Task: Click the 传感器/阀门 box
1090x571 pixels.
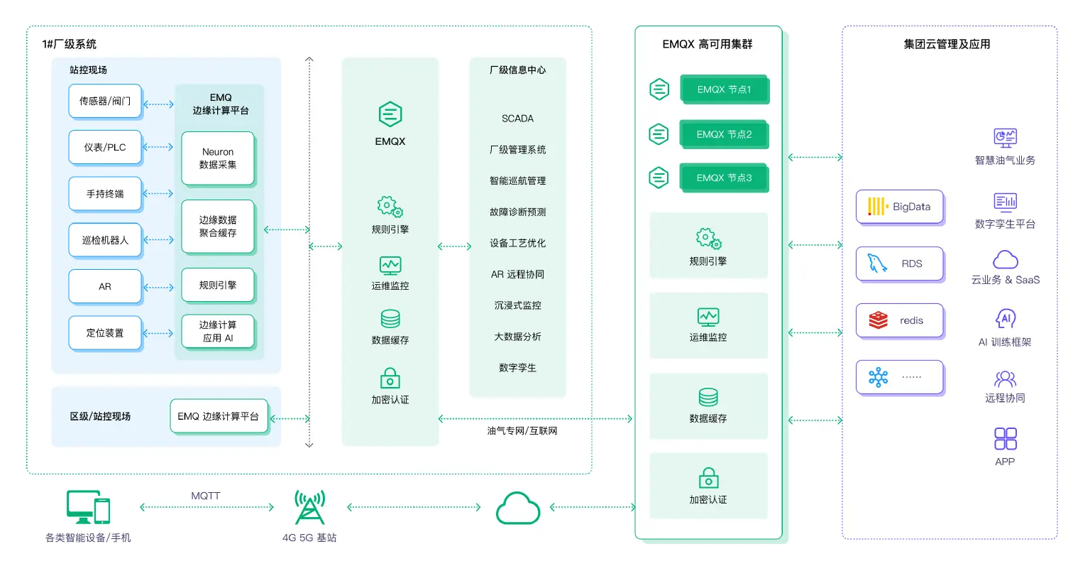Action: pyautogui.click(x=105, y=102)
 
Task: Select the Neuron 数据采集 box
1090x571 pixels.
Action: pyautogui.click(x=218, y=158)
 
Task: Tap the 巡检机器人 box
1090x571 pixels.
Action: pyautogui.click(x=105, y=240)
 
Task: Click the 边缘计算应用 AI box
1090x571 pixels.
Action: pyautogui.click(x=218, y=332)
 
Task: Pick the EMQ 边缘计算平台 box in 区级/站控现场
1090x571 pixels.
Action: pyautogui.click(x=219, y=416)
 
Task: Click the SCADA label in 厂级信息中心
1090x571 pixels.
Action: pyautogui.click(x=517, y=119)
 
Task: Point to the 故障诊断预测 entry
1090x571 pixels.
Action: pyautogui.click(x=517, y=212)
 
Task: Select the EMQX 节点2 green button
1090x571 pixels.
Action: pyautogui.click(x=724, y=134)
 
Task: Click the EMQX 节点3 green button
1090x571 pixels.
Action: pyautogui.click(x=724, y=178)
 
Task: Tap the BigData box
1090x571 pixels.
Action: pyautogui.click(x=900, y=207)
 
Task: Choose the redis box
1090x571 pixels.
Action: pyautogui.click(x=900, y=320)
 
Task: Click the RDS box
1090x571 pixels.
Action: pyautogui.click(x=900, y=263)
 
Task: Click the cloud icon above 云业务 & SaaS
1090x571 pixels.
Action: pyautogui.click(x=1005, y=259)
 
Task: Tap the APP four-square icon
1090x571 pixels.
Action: pyautogui.click(x=1005, y=439)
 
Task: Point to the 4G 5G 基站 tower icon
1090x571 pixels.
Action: pyautogui.click(x=309, y=507)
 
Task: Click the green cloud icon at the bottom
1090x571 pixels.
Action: pyautogui.click(x=517, y=508)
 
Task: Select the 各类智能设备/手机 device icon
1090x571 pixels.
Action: pyautogui.click(x=88, y=507)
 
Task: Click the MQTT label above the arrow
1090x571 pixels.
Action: pyautogui.click(x=206, y=496)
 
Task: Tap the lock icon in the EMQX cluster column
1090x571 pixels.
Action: pyautogui.click(x=708, y=477)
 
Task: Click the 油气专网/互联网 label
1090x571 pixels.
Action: pyautogui.click(x=522, y=431)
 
